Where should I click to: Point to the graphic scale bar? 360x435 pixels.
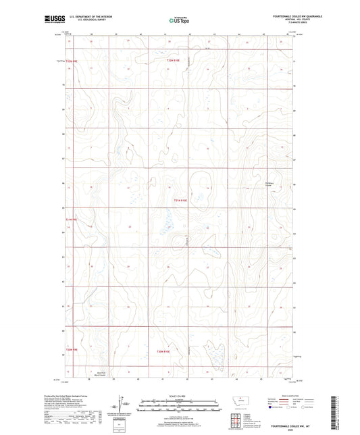pos(179,407)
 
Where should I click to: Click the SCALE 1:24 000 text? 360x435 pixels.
pos(179,396)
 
